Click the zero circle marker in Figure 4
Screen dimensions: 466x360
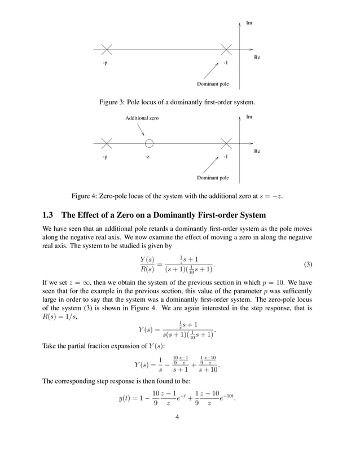(x=149, y=143)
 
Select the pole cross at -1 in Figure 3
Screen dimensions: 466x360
(x=226, y=50)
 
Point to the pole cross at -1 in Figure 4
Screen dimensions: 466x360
(x=226, y=143)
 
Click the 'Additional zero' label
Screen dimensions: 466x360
(x=142, y=118)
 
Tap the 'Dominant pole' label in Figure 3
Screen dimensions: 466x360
(x=213, y=84)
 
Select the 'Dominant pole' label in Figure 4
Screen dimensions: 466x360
(x=213, y=178)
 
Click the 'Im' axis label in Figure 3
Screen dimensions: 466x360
(x=249, y=24)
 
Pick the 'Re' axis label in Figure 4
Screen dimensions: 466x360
(x=257, y=151)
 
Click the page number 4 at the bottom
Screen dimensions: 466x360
(x=177, y=434)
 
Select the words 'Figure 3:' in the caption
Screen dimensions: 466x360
(x=113, y=103)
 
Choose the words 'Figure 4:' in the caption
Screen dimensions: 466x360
(x=85, y=196)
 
